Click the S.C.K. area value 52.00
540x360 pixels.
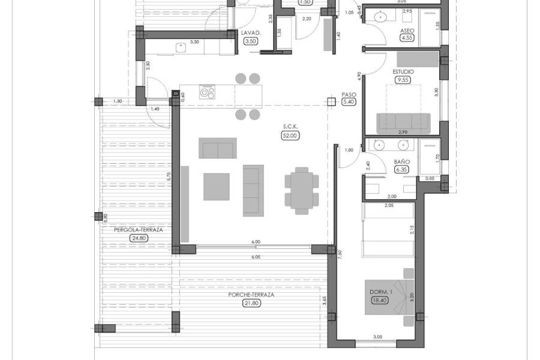291,136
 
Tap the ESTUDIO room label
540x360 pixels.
403,71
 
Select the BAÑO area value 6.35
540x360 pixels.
401,170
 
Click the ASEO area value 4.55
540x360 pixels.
406,38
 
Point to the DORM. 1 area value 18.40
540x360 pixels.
380,300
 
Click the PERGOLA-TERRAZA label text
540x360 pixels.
139,229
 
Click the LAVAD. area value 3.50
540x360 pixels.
250,41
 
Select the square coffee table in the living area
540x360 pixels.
216,187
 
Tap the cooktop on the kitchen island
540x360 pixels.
207,93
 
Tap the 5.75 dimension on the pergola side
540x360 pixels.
169,177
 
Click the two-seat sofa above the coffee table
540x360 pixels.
217,148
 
